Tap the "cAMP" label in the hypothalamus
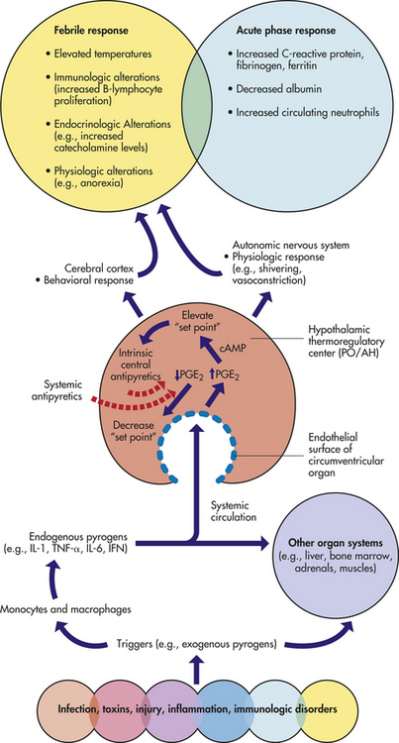(x=232, y=348)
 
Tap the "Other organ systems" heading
(x=337, y=542)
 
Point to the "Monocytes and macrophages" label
(x=65, y=609)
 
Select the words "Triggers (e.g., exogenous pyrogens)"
(x=196, y=644)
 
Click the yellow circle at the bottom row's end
(x=324, y=709)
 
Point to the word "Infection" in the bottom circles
(x=75, y=709)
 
